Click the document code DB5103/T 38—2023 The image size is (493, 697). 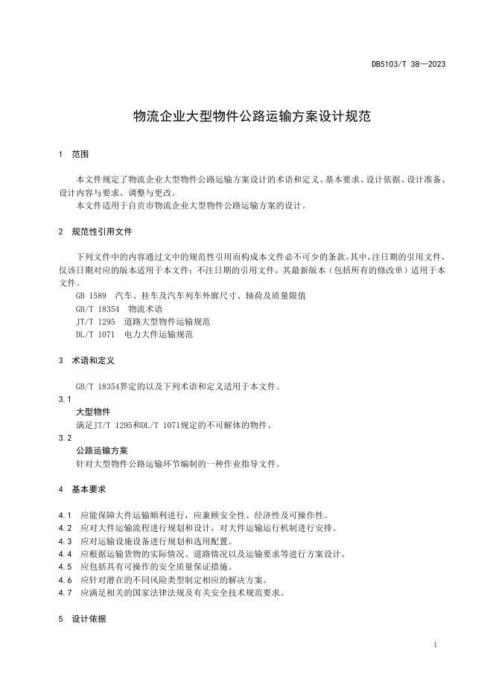pos(408,65)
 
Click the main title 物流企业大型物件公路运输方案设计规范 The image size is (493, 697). pos(252,116)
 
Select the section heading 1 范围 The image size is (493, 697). pos(73,154)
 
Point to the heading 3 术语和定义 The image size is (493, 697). pos(86,360)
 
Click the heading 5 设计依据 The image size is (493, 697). pos(82,619)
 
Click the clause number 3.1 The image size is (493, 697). pos(65,399)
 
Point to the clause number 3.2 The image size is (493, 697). pos(65,438)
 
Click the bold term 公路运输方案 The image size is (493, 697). pos(102,451)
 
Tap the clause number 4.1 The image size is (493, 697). pos(64,515)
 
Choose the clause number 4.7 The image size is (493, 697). pos(64,593)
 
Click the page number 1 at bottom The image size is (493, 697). pos(434,645)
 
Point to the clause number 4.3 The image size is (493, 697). pos(64,541)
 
